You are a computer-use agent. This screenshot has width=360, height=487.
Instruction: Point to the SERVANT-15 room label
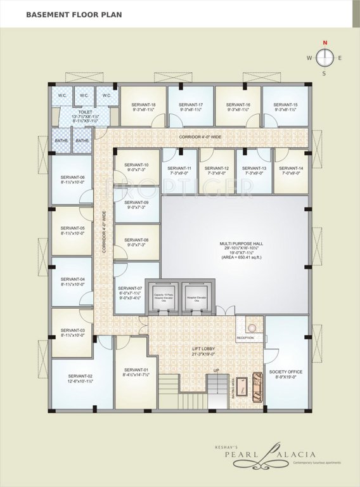click(x=285, y=105)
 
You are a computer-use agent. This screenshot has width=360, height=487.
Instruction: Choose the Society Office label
click(x=285, y=372)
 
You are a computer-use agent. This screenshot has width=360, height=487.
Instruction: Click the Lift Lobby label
click(x=205, y=349)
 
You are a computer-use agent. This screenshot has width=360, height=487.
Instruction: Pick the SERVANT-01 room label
click(x=136, y=370)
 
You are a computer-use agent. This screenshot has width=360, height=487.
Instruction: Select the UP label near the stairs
click(x=215, y=370)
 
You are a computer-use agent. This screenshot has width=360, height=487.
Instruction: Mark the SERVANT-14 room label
click(x=292, y=168)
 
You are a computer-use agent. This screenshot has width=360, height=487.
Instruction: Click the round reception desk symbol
click(x=252, y=328)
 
